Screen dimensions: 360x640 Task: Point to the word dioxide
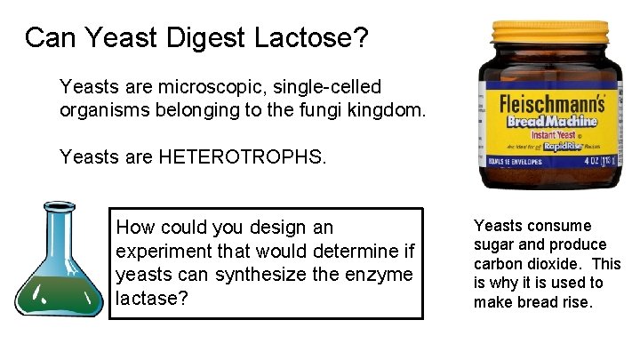(556, 264)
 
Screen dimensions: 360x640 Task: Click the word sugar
(494, 244)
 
